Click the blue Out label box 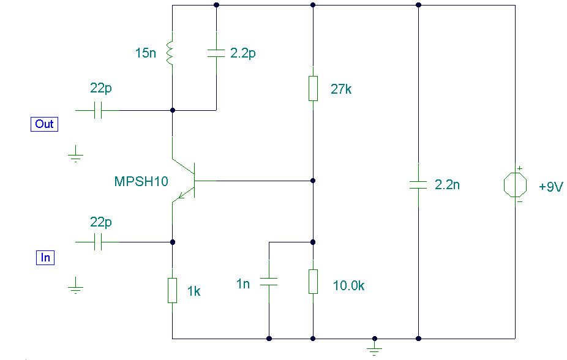(x=44, y=124)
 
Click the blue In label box (x=45, y=258)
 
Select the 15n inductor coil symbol (x=170, y=53)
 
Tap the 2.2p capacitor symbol (x=216, y=53)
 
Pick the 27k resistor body (x=313, y=88)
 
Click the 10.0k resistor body (x=313, y=282)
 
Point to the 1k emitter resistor (x=172, y=290)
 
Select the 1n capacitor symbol (x=269, y=282)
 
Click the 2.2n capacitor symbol (x=418, y=185)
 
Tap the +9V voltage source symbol (x=515, y=185)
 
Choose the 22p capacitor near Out (x=97, y=110)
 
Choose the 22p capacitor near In (x=97, y=242)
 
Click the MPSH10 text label (x=141, y=181)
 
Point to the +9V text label (x=550, y=187)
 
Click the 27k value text (x=341, y=89)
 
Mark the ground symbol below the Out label (x=75, y=154)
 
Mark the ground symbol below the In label (x=75, y=286)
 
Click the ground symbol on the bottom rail (x=375, y=347)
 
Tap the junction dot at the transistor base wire (x=313, y=181)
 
